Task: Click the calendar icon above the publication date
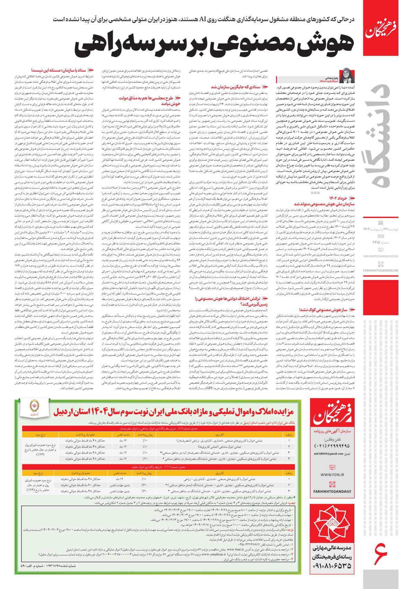pyautogui.click(x=381, y=221)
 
